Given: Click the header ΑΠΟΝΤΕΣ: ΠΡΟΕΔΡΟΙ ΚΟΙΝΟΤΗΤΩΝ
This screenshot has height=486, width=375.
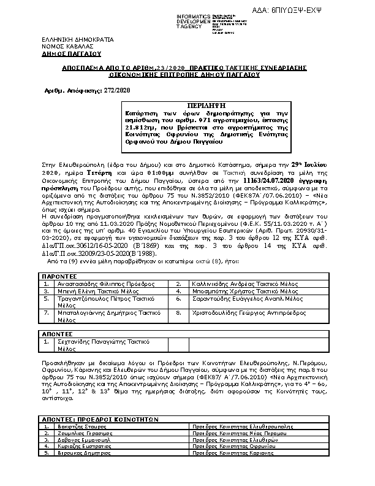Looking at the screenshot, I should (101, 418).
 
